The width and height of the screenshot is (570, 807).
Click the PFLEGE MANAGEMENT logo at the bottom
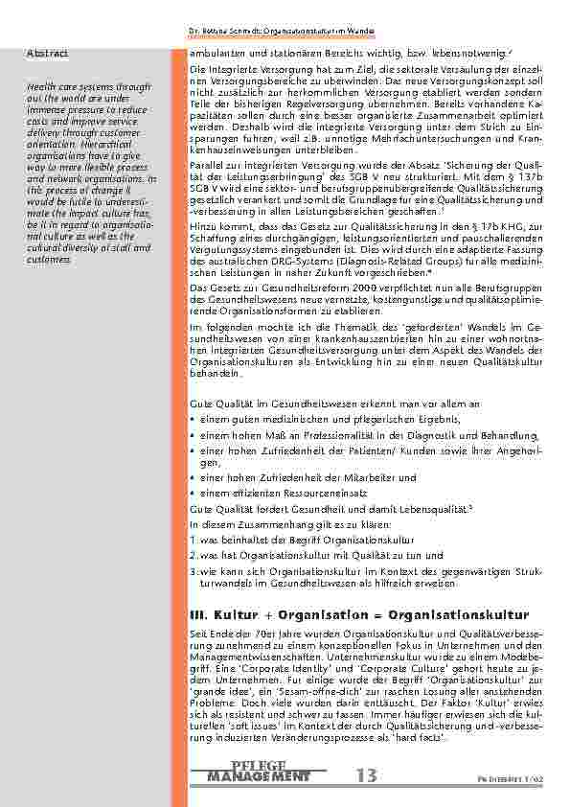pyautogui.click(x=259, y=771)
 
